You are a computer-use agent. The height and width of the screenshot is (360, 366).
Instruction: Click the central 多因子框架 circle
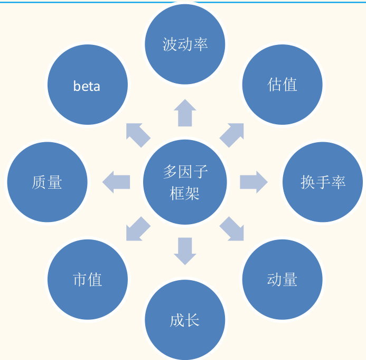[185, 182]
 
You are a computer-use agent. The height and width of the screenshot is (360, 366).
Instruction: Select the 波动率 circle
[185, 44]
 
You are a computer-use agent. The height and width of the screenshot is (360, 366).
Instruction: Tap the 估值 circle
[283, 85]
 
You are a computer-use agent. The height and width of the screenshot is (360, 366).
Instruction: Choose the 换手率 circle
[323, 182]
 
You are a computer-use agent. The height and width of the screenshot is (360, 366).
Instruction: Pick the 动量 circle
[283, 280]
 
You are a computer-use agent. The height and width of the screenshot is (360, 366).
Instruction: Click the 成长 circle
[185, 320]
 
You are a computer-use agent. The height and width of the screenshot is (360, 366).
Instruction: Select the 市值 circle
[88, 280]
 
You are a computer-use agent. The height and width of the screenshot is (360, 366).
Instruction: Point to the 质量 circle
[48, 182]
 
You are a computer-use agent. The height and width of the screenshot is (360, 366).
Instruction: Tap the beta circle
[88, 85]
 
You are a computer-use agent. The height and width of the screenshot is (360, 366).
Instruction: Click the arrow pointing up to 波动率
[185, 113]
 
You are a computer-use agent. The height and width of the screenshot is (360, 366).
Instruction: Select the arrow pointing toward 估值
[232, 135]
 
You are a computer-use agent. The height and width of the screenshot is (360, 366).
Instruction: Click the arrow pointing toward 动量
[232, 229]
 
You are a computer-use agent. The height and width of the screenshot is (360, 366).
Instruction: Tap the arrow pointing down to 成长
[185, 251]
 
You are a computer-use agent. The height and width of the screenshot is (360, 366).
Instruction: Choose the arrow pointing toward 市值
[137, 229]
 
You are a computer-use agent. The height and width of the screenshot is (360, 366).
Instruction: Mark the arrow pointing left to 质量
[116, 182]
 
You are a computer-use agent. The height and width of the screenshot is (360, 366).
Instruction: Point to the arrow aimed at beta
[137, 135]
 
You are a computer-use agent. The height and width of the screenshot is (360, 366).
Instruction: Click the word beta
[87, 86]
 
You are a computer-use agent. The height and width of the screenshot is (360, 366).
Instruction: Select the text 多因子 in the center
[185, 172]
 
